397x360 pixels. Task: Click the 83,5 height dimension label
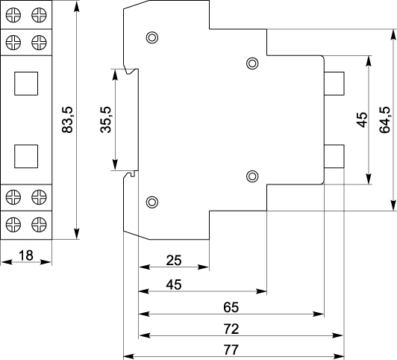pyautogui.click(x=67, y=120)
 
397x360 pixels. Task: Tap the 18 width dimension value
pyautogui.click(x=26, y=255)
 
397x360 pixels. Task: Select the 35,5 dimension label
pyautogui.click(x=106, y=120)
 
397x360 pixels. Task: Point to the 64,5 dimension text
pyautogui.click(x=384, y=120)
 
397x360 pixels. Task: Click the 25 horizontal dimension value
pyautogui.click(x=174, y=260)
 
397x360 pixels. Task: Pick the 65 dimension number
pyautogui.click(x=231, y=307)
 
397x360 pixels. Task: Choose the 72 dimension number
pyautogui.click(x=231, y=329)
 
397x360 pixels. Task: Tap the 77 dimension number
pyautogui.click(x=231, y=350)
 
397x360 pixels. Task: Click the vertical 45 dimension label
pyautogui.click(x=362, y=120)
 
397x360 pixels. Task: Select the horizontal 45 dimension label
pyautogui.click(x=174, y=285)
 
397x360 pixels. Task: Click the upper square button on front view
pyautogui.click(x=26, y=84)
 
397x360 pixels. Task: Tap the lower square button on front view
pyautogui.click(x=26, y=156)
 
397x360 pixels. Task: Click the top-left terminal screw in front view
pyautogui.click(x=13, y=15)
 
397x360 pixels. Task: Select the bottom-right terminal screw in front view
pyautogui.click(x=39, y=225)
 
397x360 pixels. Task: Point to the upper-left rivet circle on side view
pyautogui.click(x=152, y=38)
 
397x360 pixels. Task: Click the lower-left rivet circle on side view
pyautogui.click(x=152, y=202)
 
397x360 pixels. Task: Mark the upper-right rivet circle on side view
pyautogui.click(x=252, y=63)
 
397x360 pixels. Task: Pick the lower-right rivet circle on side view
pyautogui.click(x=252, y=176)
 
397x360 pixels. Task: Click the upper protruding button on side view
pyautogui.click(x=334, y=84)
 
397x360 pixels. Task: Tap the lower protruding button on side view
pyautogui.click(x=334, y=156)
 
